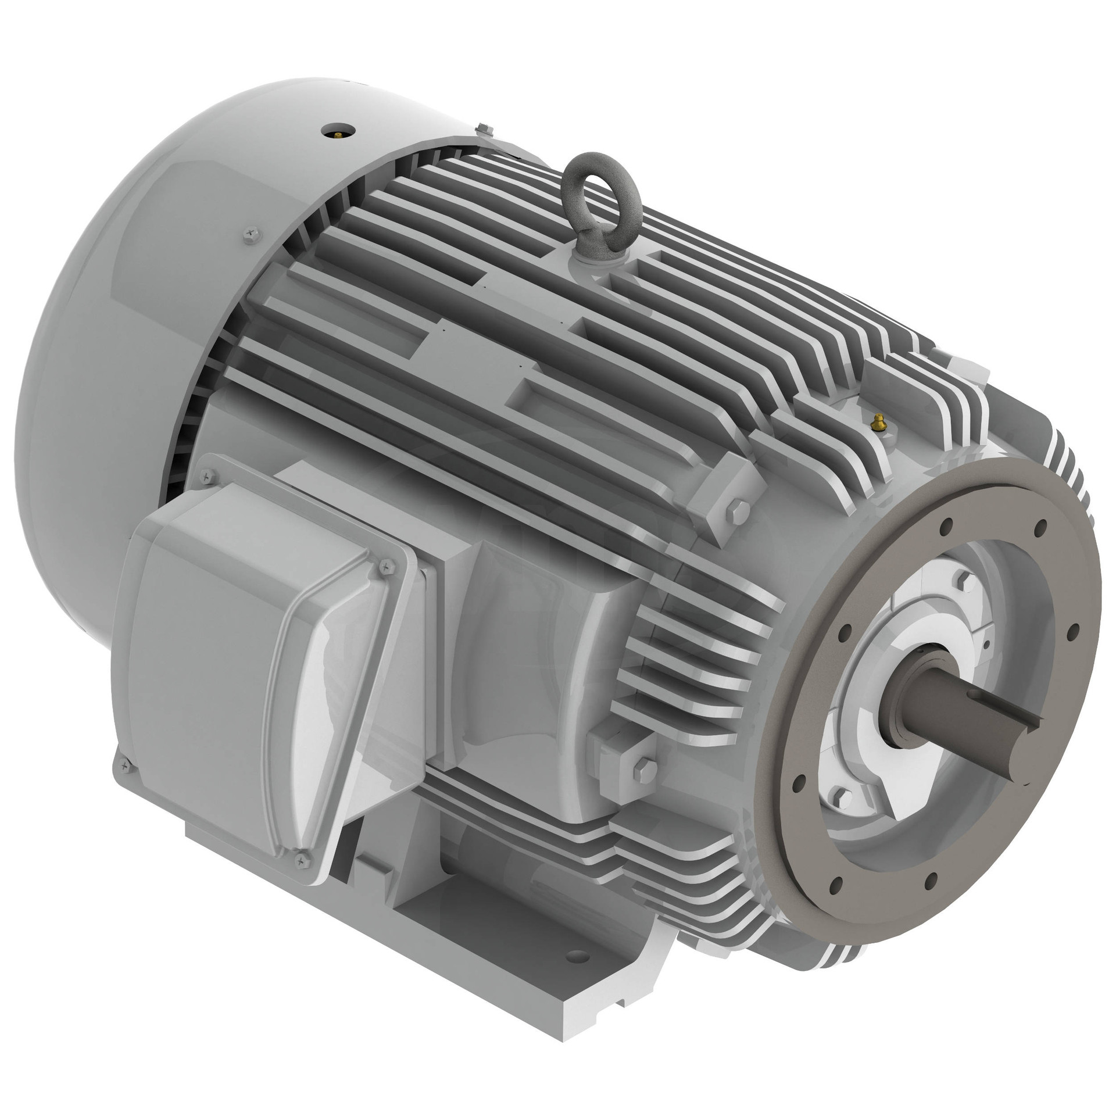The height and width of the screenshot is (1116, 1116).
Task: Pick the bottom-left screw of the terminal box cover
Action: (123, 766)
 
